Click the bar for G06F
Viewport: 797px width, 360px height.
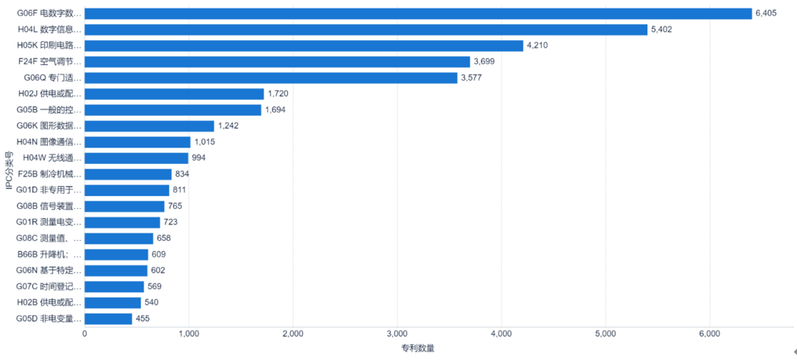click(418, 14)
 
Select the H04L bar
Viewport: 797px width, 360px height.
click(365, 30)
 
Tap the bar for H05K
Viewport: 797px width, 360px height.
click(304, 46)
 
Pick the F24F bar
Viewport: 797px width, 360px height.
click(277, 62)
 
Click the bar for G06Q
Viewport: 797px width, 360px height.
click(270, 77)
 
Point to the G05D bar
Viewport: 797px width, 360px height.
click(108, 318)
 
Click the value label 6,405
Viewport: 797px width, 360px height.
click(766, 14)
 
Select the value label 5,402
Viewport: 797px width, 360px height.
click(662, 30)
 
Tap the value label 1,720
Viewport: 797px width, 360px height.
click(278, 93)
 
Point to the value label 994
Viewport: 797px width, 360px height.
click(198, 158)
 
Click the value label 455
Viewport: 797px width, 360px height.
click(143, 318)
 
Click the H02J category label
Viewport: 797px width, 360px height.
click(49, 93)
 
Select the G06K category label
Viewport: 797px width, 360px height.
click(49, 126)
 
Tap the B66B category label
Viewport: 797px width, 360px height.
click(49, 254)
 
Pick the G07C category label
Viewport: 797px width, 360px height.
click(49, 286)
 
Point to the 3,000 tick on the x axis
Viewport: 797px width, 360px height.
click(397, 333)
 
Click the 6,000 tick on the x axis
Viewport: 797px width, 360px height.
click(709, 333)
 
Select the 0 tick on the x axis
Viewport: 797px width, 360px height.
click(84, 333)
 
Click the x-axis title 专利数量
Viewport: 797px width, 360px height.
click(418, 349)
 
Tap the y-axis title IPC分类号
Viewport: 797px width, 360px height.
click(9, 173)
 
